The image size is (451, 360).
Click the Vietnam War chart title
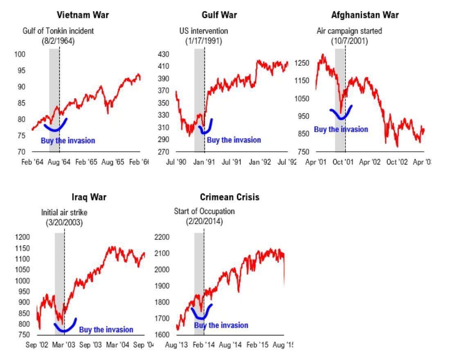click(x=83, y=16)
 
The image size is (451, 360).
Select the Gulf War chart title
click(x=219, y=16)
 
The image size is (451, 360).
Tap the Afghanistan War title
click(x=365, y=16)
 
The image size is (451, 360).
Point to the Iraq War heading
click(x=89, y=197)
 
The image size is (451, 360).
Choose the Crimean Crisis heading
click(x=229, y=197)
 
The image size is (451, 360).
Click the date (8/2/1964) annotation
click(x=58, y=41)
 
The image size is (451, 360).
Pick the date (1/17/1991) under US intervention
click(x=204, y=41)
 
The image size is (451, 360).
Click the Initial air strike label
click(x=64, y=213)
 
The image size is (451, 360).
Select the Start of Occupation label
click(x=204, y=211)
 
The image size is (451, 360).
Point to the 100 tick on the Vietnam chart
click(x=20, y=54)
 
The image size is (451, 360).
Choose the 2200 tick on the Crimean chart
click(x=162, y=237)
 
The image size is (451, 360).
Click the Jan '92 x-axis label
click(x=260, y=162)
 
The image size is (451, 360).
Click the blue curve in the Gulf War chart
click(x=205, y=131)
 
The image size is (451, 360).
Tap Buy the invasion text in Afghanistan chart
click(x=341, y=130)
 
